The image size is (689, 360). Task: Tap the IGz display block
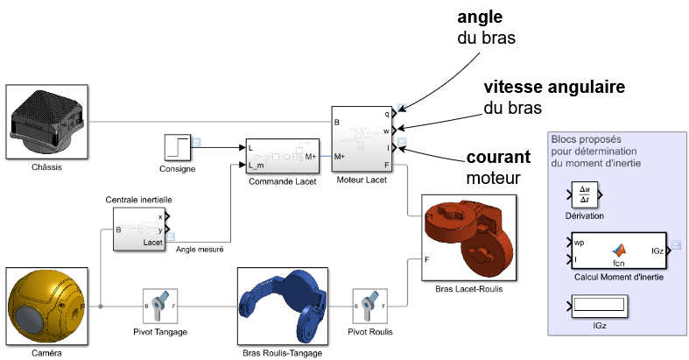598,305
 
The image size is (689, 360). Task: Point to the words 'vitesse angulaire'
553,88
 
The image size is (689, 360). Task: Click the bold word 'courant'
498,158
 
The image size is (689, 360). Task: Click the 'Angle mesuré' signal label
200,251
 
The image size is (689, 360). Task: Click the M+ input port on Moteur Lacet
341,156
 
